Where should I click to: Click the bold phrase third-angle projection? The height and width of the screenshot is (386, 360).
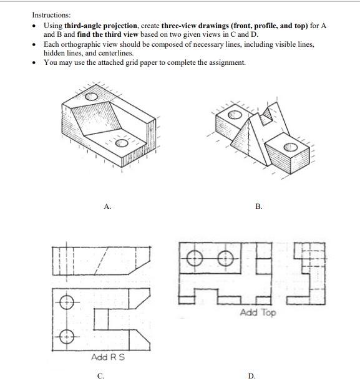click(x=99, y=24)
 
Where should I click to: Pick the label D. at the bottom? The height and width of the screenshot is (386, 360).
click(x=251, y=376)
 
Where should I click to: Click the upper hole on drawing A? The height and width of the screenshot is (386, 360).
click(x=92, y=97)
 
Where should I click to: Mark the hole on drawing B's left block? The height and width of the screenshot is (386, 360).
click(x=235, y=115)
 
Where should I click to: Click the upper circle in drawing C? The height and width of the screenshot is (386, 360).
click(x=67, y=303)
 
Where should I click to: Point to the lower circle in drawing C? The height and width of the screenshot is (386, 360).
click(x=67, y=336)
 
